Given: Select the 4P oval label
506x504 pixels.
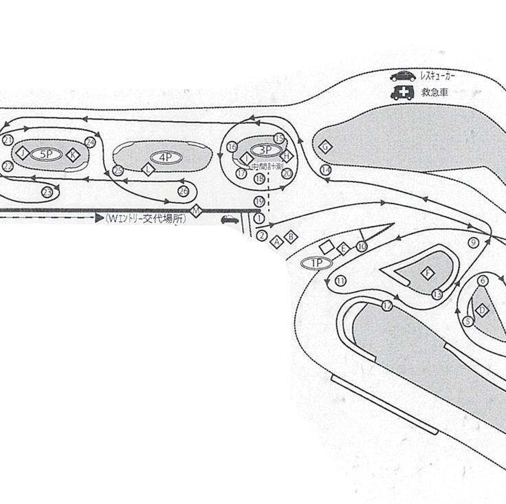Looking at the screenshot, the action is [166, 157].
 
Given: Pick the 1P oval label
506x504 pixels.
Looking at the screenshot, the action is [317, 262].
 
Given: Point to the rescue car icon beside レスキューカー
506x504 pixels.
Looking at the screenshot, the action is [401, 76].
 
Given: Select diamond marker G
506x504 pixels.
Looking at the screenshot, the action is [325, 146].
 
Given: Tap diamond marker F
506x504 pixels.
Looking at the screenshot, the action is [428, 274].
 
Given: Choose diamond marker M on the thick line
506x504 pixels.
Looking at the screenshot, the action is [196, 210].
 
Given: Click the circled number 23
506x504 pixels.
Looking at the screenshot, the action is [47, 192].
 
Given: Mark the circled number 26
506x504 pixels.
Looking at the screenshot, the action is [183, 190].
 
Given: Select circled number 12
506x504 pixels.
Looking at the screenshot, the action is [388, 305].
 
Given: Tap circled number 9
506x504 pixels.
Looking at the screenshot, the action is [473, 242].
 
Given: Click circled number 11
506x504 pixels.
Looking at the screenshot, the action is [340, 281].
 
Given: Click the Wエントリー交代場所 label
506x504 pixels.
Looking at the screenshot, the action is [145, 218].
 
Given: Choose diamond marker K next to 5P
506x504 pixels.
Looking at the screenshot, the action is [74, 154].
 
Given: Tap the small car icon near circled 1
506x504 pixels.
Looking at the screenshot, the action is [229, 219].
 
